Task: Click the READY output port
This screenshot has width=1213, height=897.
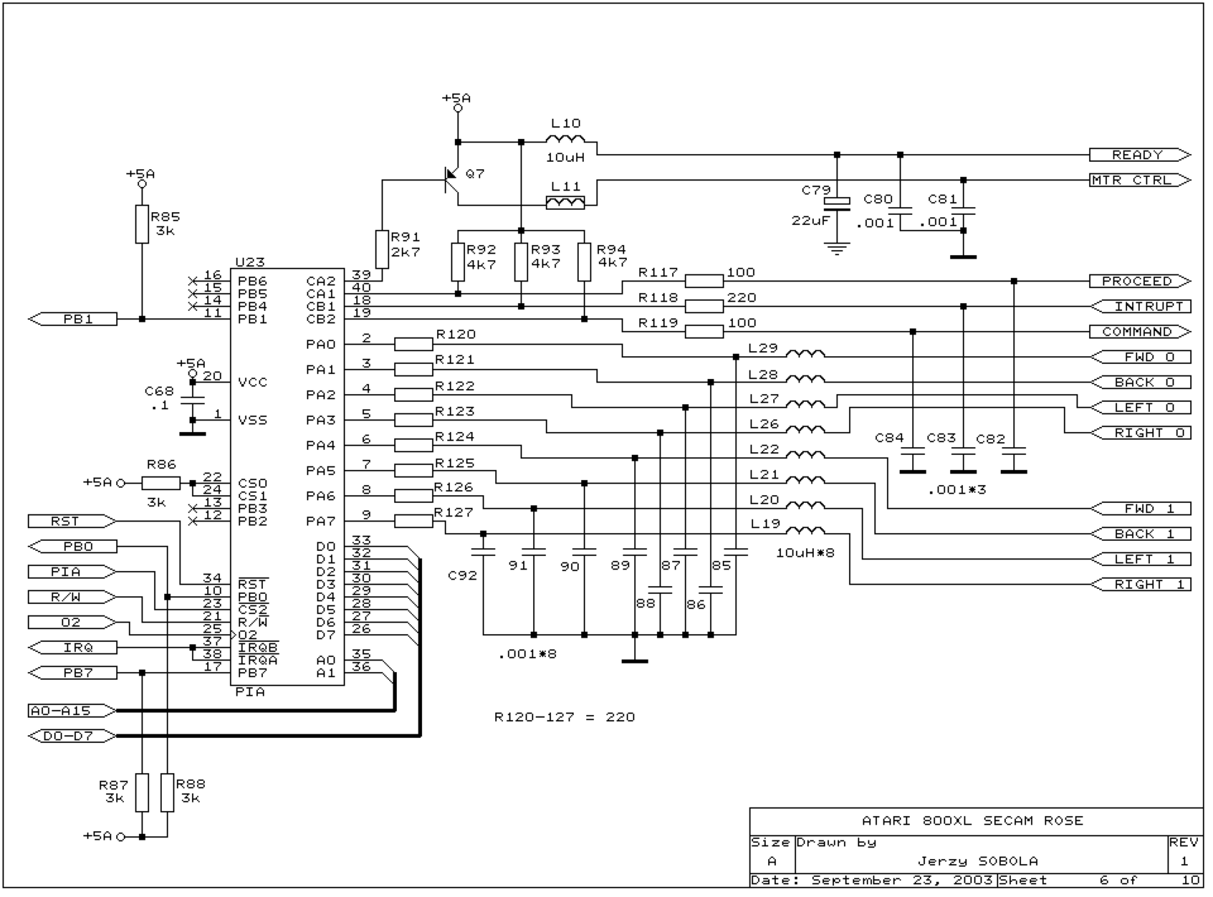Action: tap(1140, 155)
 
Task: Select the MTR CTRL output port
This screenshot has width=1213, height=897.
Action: tap(1140, 180)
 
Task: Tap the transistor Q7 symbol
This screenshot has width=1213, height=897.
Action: tap(452, 180)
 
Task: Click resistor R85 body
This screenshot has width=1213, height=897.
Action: tap(142, 224)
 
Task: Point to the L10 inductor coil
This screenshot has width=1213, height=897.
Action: tap(565, 139)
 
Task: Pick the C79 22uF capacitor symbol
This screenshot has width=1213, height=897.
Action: tap(837, 202)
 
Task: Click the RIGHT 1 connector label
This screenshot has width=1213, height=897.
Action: tap(1140, 585)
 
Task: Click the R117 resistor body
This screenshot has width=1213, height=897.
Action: tap(704, 281)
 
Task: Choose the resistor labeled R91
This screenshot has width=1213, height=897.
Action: tap(382, 249)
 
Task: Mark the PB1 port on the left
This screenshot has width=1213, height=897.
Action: tap(72, 319)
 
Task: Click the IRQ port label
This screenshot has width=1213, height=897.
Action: tap(72, 648)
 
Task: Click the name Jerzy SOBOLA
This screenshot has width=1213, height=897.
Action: tap(978, 861)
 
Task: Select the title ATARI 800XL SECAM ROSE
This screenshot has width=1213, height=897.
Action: tap(972, 821)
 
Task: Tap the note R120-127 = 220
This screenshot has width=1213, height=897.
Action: tap(565, 717)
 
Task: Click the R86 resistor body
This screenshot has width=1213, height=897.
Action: tap(161, 483)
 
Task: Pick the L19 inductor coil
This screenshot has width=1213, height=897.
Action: tap(806, 530)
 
